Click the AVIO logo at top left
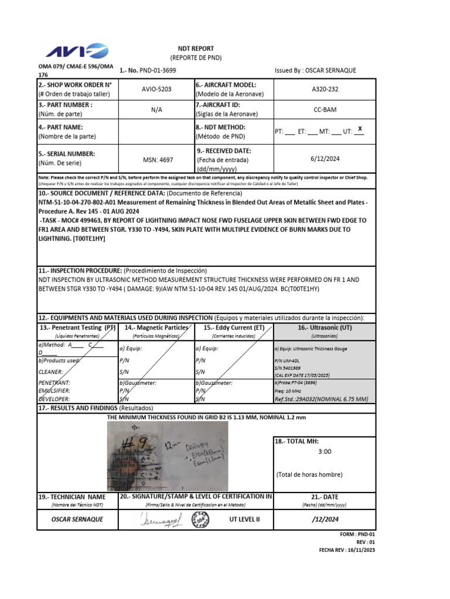pos(77,51)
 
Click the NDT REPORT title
pos(196,49)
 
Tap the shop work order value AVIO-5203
pos(156,89)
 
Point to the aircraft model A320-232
pos(325,89)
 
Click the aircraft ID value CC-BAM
pos(325,109)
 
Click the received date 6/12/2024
pos(325,159)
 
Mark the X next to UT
pos(360,129)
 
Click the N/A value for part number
pos(156,109)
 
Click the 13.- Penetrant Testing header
pos(77,328)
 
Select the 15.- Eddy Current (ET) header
pos(234,328)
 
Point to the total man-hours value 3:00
pos(325,452)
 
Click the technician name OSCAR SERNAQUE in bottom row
pos(77,519)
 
